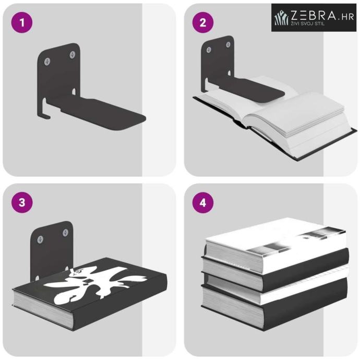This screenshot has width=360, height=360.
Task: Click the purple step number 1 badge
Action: (22, 22)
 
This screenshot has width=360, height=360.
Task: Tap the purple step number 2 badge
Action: (203, 22)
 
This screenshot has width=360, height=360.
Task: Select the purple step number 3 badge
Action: (22, 202)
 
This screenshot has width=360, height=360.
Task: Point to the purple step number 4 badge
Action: (203, 202)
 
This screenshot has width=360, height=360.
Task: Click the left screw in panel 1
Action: (47, 61)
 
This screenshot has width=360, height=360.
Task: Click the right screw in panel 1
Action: (73, 55)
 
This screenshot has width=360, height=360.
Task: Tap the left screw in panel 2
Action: (209, 50)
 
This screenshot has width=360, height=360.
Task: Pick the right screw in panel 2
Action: (228, 44)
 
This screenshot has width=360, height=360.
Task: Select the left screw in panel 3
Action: (40, 239)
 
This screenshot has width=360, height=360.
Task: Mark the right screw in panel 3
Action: (65, 233)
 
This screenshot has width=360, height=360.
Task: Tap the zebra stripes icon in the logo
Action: (281, 17)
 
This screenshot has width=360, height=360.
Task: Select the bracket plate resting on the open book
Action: (250, 90)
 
